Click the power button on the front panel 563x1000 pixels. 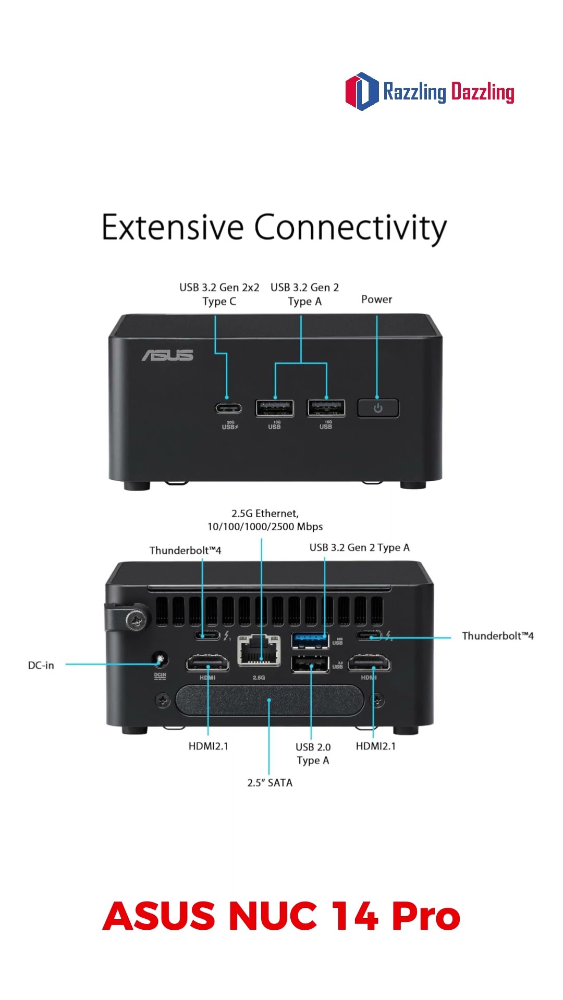pos(378,408)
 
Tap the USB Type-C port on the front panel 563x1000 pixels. pos(228,407)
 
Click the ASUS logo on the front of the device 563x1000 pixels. pos(168,355)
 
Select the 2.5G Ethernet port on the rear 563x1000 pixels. pos(259,651)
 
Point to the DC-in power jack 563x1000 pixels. pos(160,660)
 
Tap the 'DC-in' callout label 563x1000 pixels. pos(41,665)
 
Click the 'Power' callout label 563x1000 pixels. pos(376,299)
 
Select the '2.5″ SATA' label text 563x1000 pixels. pos(270,782)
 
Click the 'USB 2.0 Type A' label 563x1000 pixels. pos(313,754)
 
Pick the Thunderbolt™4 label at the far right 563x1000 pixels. pos(498,635)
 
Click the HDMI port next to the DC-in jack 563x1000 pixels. pos(207,664)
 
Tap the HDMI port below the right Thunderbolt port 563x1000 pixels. pos(369,664)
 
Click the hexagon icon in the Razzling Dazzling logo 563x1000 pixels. pos(362,91)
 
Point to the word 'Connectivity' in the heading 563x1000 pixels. pos(350,228)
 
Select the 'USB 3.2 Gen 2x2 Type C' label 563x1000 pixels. pos(219,294)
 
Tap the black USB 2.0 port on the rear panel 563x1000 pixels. pos(310,664)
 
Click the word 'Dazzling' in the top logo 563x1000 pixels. pos(483,92)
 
